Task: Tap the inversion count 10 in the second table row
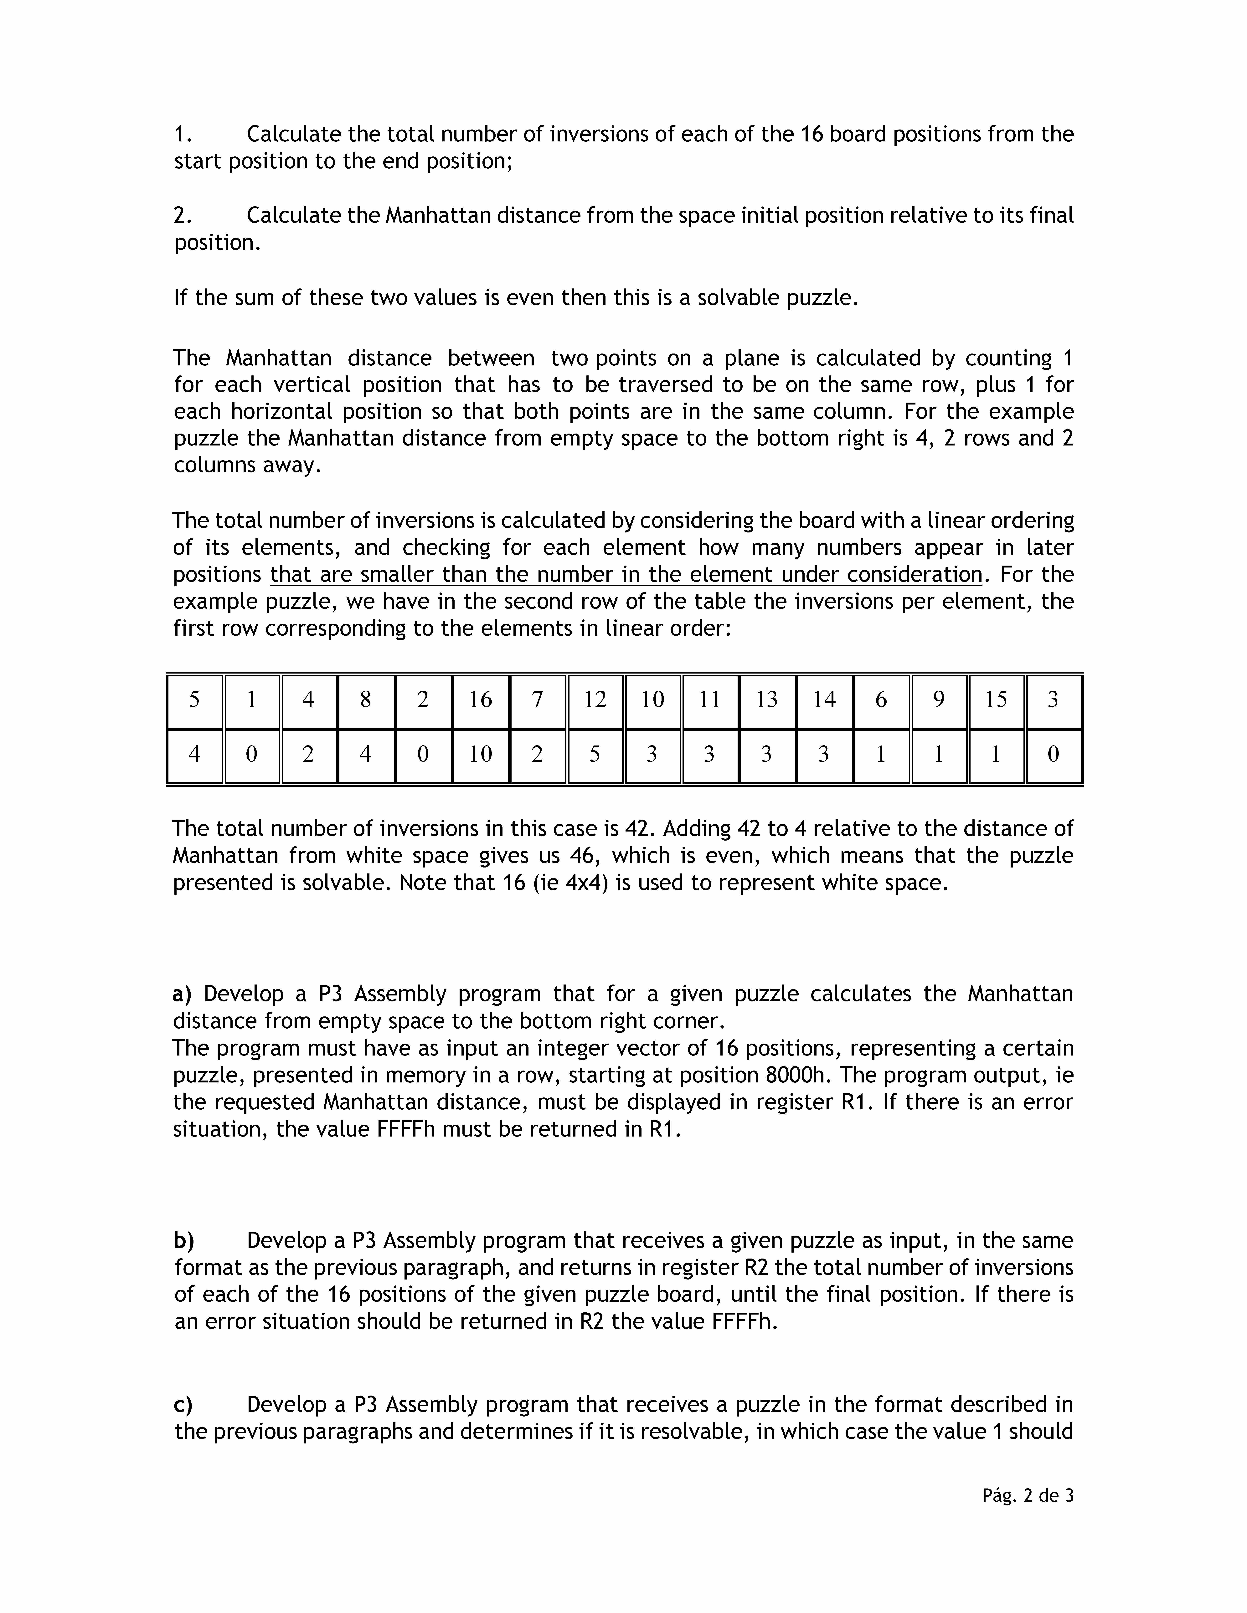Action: click(x=480, y=754)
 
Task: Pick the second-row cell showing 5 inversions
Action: click(x=595, y=754)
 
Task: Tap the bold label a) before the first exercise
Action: click(x=182, y=994)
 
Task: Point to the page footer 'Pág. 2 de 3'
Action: click(x=1028, y=1496)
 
